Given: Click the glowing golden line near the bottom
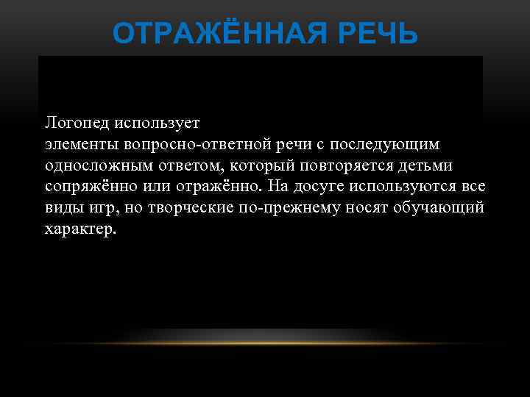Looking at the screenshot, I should click(265, 343).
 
